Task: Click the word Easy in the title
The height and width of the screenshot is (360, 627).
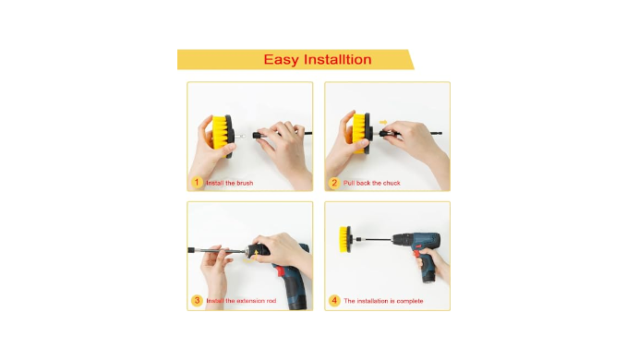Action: tap(281, 60)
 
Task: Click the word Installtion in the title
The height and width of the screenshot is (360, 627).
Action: tap(337, 59)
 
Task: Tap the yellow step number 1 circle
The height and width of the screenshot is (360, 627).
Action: tap(197, 183)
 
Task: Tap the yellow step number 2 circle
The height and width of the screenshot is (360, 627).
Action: tap(334, 183)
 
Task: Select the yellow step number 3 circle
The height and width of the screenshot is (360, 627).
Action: tap(197, 301)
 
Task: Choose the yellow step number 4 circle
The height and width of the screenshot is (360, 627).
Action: tap(334, 301)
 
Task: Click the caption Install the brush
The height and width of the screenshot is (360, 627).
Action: tap(230, 183)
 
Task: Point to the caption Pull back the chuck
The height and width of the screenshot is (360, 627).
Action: tap(371, 183)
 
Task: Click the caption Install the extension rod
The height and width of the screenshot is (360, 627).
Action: tap(241, 301)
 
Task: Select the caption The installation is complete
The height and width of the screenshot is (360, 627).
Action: tap(383, 301)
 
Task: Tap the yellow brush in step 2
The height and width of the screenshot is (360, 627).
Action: tap(358, 132)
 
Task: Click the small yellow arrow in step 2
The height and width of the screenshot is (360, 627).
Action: tap(383, 122)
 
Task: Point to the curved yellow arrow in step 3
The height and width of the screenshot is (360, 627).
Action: tap(251, 258)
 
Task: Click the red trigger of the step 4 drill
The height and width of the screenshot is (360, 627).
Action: tap(417, 253)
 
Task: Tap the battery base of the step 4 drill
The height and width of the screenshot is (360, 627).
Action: tap(428, 276)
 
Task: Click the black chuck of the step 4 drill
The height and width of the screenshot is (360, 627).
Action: tap(398, 240)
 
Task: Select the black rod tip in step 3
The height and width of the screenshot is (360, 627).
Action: tap(191, 250)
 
